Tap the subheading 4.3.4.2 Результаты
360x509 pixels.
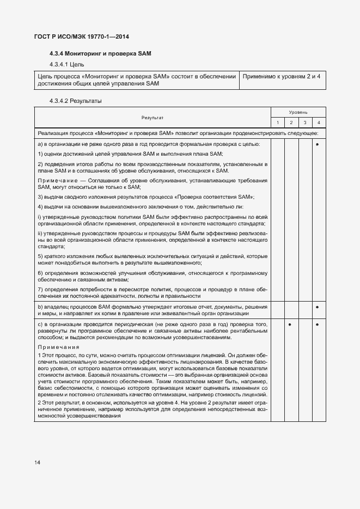pos(75,101)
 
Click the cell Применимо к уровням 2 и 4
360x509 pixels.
pos(281,76)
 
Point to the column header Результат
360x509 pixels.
pos(152,118)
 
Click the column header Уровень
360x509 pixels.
pos(298,112)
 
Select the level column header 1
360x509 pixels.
pos(277,122)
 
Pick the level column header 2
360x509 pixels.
pos(291,122)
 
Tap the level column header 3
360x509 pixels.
pos(304,122)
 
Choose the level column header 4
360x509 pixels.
pos(318,122)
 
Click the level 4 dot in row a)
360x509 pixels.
pos(318,144)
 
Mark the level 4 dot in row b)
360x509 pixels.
pos(318,308)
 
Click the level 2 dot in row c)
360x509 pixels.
pos(291,325)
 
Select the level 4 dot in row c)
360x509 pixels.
pos(318,325)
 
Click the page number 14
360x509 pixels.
pos(37,463)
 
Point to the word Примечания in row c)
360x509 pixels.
pos(58,347)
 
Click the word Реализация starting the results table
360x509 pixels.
pos(54,133)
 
